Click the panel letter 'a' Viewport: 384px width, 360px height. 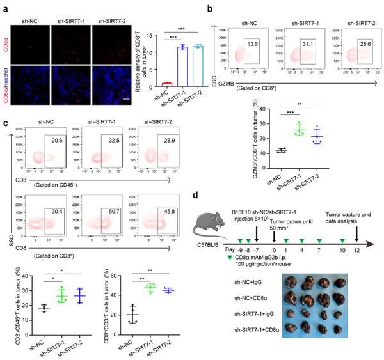(x=5, y=5)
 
